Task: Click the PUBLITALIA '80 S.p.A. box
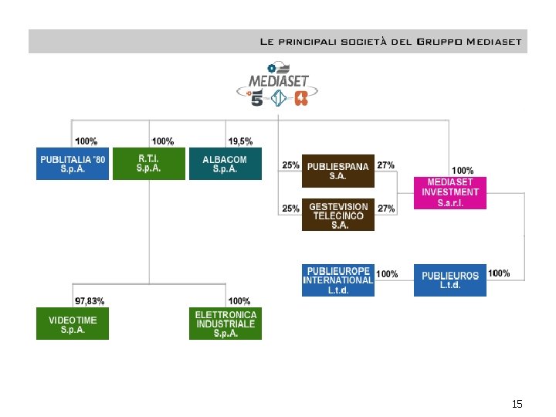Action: coord(73,164)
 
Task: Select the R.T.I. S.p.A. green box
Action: coord(149,164)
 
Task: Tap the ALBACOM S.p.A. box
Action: coord(225,164)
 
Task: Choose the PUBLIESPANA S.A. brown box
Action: coord(338,171)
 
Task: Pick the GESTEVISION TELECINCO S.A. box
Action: coord(338,215)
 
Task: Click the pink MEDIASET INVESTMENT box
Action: coord(450,192)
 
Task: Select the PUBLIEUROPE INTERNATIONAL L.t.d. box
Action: coord(338,280)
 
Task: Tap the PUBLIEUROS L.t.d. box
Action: coord(450,280)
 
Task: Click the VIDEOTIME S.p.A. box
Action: coord(73,324)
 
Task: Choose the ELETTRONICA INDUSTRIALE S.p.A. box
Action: coord(225,324)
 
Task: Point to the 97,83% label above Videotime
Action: coord(90,300)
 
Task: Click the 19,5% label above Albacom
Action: coord(240,141)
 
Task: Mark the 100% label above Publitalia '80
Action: coord(86,141)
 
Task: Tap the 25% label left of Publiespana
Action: coord(291,165)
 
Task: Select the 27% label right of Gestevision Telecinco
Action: coord(386,208)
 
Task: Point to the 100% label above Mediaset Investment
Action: coord(463,170)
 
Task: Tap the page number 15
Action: coord(517,405)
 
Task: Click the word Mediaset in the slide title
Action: coord(493,42)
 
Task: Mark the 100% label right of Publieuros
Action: coord(499,273)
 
